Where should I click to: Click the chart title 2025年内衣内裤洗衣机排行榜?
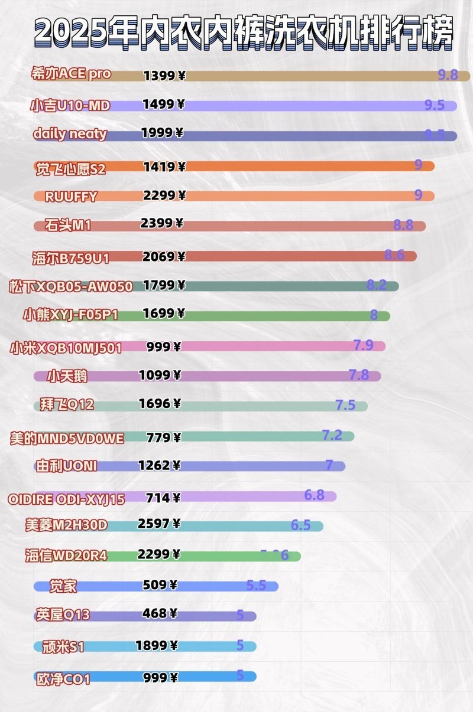244,33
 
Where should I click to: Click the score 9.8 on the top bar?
448,75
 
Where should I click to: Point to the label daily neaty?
70,133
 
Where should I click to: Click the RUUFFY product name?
71,196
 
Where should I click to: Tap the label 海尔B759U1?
70,257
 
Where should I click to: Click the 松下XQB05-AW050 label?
70,286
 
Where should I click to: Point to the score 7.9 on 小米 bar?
363,345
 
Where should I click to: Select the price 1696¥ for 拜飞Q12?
160,404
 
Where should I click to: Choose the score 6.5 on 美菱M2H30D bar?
300,525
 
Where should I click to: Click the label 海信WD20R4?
66,556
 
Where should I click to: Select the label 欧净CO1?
63,679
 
